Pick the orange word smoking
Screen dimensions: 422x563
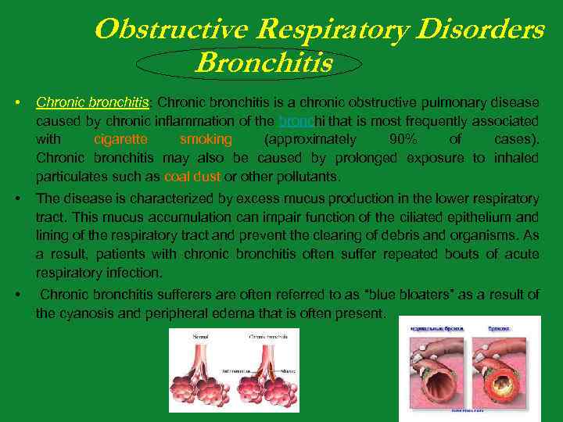coord(206,140)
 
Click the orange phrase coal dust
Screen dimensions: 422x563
coord(194,177)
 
